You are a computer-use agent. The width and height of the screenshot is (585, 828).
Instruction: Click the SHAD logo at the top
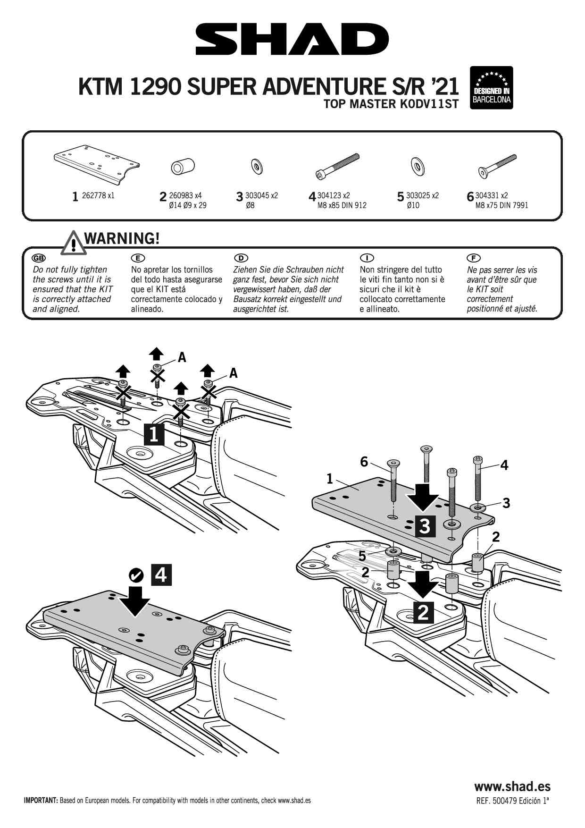click(292, 40)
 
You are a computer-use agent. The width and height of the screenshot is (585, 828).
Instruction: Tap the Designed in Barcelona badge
click(492, 88)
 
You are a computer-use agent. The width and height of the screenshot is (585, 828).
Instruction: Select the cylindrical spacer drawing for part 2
click(183, 167)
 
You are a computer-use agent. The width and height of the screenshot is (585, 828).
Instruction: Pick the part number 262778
click(94, 195)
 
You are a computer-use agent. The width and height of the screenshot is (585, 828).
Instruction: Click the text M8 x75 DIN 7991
click(502, 205)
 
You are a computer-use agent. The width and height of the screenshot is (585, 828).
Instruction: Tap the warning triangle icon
click(72, 242)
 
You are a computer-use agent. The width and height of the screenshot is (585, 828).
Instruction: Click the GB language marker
click(38, 258)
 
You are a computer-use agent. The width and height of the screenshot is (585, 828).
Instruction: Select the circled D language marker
click(241, 258)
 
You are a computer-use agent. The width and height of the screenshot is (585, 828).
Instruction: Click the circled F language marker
click(473, 258)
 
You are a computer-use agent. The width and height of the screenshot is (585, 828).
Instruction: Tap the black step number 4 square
click(161, 575)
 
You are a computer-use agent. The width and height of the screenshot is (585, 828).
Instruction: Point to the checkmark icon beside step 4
click(136, 575)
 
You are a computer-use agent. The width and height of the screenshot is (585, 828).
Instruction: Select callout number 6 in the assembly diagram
click(364, 462)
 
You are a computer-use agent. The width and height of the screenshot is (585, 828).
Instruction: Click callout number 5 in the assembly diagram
click(362, 556)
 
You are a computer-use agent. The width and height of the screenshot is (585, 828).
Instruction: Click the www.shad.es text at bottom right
click(512, 786)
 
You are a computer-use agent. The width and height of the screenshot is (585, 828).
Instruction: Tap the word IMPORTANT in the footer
click(41, 801)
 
